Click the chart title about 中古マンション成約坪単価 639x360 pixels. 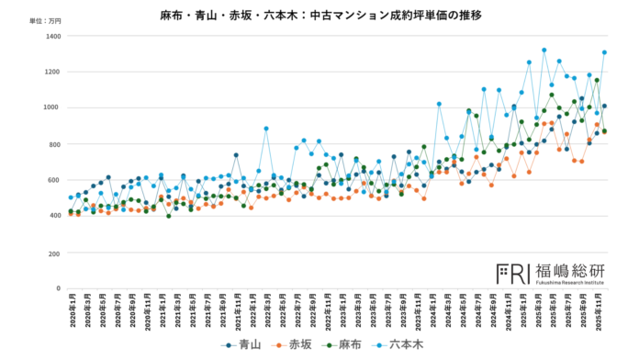point(320,16)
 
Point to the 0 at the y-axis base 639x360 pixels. point(57,288)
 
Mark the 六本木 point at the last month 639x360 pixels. point(604,52)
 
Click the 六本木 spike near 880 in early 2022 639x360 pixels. point(266,129)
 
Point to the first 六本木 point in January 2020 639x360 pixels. point(71,197)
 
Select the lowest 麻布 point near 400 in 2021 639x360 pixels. point(168,216)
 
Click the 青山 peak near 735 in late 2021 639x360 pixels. point(236,155)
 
